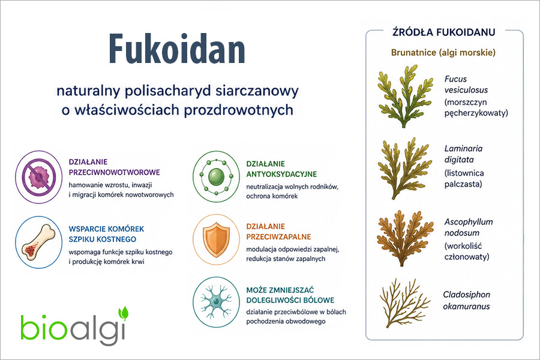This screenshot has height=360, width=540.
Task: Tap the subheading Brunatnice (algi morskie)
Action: point(443,53)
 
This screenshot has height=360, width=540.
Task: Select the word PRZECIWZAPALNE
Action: point(278,237)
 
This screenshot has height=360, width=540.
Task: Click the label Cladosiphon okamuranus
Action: point(466,300)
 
